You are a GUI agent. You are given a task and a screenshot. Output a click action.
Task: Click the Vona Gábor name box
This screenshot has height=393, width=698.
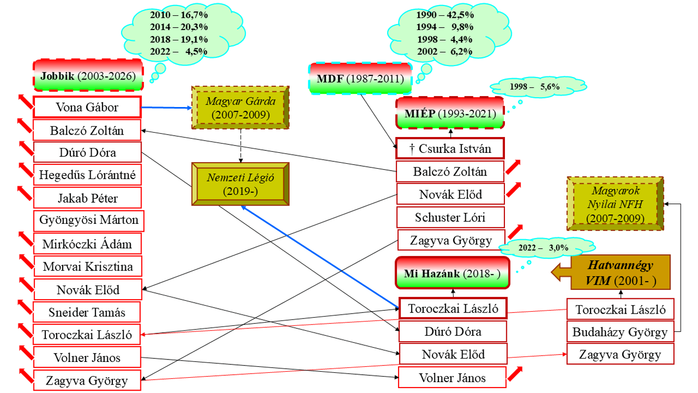point(87,107)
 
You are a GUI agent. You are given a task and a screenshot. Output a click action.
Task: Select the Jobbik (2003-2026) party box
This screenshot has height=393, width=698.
point(88,75)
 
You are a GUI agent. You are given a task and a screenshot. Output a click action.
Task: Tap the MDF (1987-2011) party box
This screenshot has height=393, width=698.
point(360,79)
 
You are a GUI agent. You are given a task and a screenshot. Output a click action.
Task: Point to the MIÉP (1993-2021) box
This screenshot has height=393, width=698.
point(450,113)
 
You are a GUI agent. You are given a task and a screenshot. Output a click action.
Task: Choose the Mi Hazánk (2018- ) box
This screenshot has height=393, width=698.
point(452,274)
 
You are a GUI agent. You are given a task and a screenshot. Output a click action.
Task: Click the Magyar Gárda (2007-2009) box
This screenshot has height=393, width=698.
point(240,107)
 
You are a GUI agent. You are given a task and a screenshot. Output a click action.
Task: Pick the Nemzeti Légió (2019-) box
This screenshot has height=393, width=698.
point(240,183)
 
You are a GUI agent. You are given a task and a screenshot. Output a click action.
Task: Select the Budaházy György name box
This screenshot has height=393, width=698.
point(620,332)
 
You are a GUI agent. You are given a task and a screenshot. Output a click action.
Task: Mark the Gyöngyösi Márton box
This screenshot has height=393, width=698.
point(89,220)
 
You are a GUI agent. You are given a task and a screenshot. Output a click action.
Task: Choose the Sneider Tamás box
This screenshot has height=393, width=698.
point(87,312)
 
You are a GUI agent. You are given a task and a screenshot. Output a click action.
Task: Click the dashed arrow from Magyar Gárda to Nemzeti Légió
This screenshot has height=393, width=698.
point(240,145)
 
